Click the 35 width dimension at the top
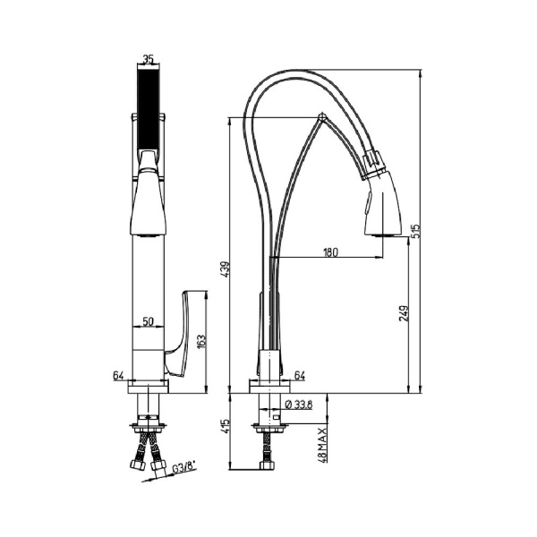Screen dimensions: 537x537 click(x=149, y=61)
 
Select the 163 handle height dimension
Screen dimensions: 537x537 click(x=200, y=340)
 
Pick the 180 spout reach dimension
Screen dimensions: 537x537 click(x=330, y=252)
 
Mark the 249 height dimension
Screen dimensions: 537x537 click(x=404, y=313)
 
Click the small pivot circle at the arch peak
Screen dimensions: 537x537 click(x=321, y=116)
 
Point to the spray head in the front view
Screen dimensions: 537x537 click(x=147, y=201)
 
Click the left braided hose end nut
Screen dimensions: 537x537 click(x=136, y=465)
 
